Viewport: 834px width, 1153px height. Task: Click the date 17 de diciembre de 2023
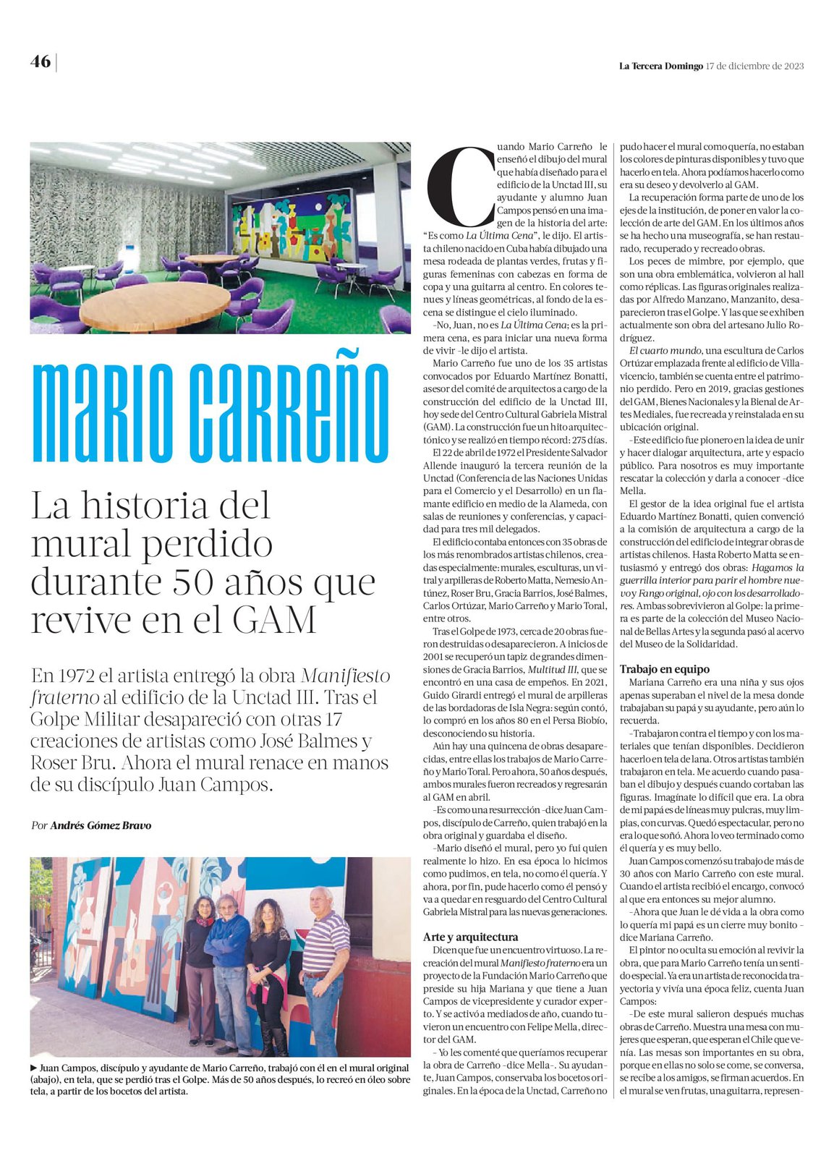[754, 66]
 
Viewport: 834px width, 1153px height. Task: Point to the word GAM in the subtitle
[275, 620]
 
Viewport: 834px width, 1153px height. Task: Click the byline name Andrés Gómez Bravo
[101, 825]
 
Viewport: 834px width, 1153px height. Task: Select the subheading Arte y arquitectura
[470, 937]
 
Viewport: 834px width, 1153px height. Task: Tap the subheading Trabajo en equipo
[664, 669]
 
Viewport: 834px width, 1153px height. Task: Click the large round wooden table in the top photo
[145, 305]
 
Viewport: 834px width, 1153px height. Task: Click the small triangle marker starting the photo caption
[34, 1068]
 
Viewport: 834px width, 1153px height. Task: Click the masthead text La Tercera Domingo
[660, 66]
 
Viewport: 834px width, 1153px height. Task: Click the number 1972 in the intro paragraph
[73, 676]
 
